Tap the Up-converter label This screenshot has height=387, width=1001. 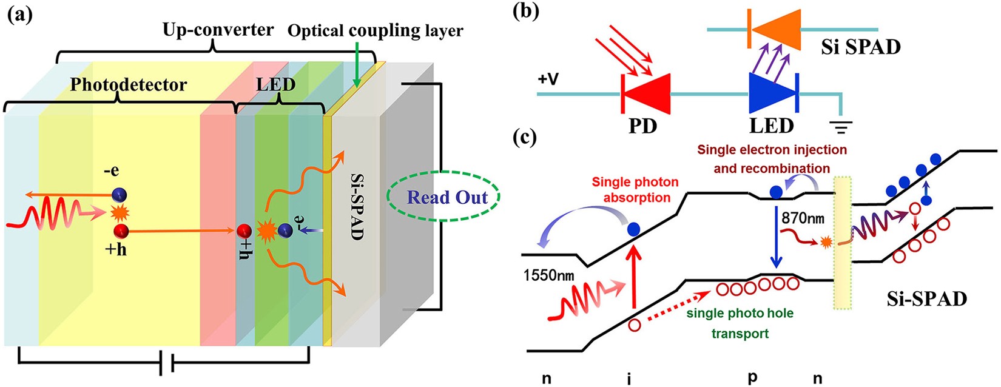pos(218,29)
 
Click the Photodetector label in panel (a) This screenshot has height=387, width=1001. pos(129,84)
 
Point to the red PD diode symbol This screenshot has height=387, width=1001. pos(647,94)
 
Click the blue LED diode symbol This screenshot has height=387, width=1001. pos(772,94)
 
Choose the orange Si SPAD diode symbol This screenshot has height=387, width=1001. pos(775,30)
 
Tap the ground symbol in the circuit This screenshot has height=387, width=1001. pos(843,126)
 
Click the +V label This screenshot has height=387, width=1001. pos(549,79)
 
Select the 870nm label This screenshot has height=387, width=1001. pos(803,218)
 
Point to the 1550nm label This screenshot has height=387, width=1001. pos(548,276)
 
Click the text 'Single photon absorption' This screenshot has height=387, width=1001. pos(635,189)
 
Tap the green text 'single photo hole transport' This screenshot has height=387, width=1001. pos(740,323)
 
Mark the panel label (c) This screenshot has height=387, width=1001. pos(525,137)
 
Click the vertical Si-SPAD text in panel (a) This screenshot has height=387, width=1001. pos(357,206)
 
